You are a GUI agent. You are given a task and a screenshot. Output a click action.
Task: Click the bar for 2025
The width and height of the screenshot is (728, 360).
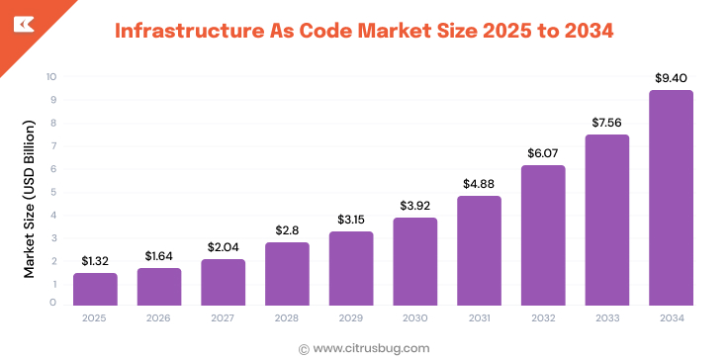[95, 289]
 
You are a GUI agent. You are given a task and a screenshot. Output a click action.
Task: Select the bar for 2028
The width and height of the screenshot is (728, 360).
[287, 274]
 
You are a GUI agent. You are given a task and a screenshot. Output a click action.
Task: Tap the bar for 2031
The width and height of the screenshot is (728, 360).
[479, 250]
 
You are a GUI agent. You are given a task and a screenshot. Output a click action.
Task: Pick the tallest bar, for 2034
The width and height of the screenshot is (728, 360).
[671, 198]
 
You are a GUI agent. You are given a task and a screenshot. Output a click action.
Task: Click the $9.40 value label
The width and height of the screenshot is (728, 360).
[671, 77]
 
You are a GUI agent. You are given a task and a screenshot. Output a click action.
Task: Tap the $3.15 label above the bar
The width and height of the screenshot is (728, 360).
[351, 218]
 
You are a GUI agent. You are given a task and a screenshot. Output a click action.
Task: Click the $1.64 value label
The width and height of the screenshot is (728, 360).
[159, 255]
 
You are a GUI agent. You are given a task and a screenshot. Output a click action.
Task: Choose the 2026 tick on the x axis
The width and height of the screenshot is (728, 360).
[159, 318]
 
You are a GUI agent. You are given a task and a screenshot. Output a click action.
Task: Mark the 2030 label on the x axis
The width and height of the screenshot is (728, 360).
[415, 318]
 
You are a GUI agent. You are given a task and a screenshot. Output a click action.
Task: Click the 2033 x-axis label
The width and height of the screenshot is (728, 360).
[606, 318]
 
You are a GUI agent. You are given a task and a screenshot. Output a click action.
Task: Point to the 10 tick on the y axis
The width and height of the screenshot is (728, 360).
[50, 76]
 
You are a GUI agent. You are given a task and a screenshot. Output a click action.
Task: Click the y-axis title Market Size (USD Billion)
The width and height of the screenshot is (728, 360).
[29, 198]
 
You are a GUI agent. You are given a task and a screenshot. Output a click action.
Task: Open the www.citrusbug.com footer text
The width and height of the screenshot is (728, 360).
[371, 347]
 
